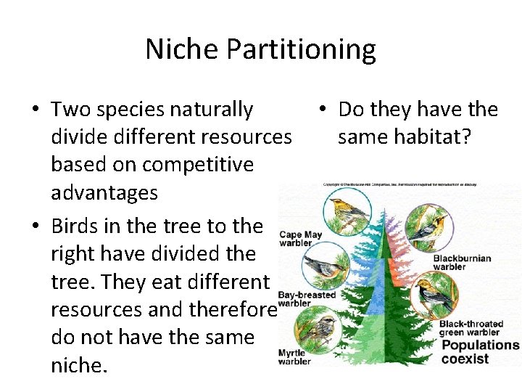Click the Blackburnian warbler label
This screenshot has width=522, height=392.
pos(462,262)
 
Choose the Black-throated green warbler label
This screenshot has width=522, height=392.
pos(469,328)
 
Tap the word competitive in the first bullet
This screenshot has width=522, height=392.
pos(198,165)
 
